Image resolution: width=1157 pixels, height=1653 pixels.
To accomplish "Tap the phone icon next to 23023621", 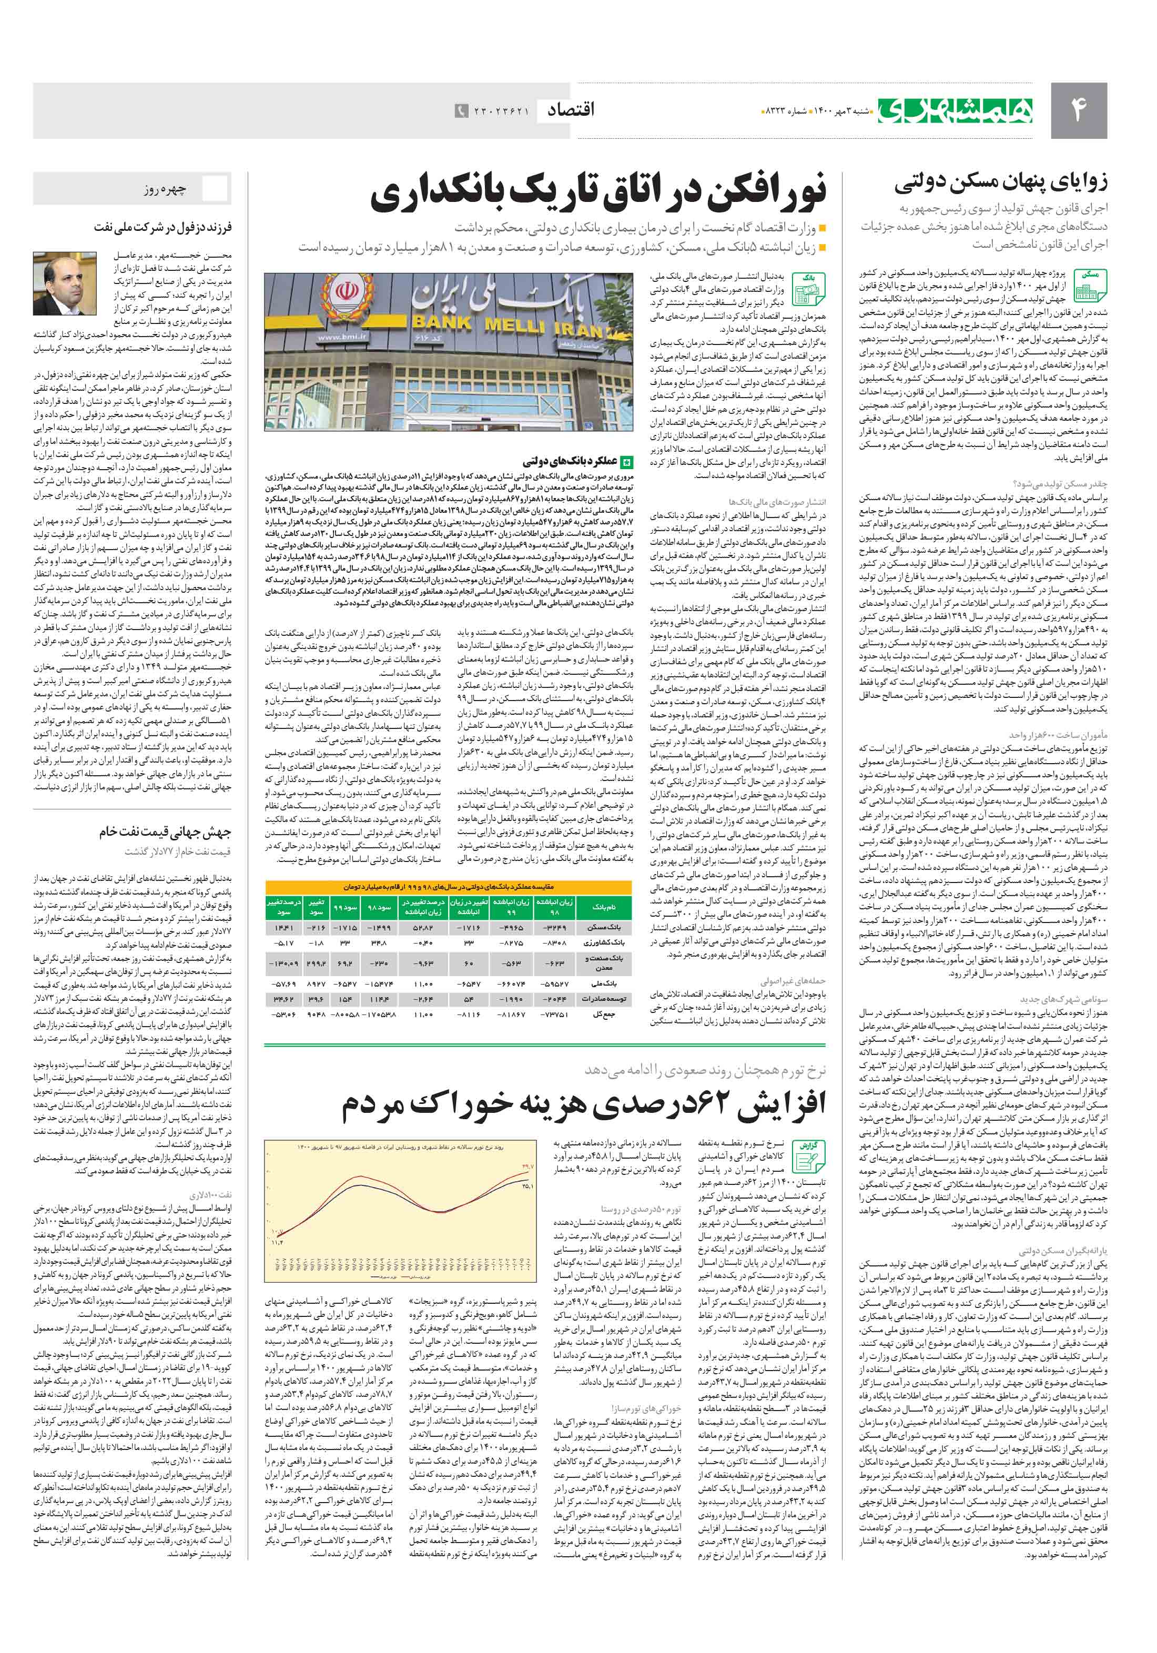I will click(460, 111).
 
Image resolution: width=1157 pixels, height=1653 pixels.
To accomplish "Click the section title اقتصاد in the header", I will click(571, 110).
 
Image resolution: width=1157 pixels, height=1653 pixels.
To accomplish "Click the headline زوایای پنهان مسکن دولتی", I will click(1001, 184).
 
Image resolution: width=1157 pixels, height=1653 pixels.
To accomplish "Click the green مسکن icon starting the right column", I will click(1090, 285).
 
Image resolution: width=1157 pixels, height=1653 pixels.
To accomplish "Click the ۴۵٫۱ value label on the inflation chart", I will click(527, 1186).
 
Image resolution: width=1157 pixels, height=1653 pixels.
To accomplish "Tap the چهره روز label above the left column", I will click(165, 190).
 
